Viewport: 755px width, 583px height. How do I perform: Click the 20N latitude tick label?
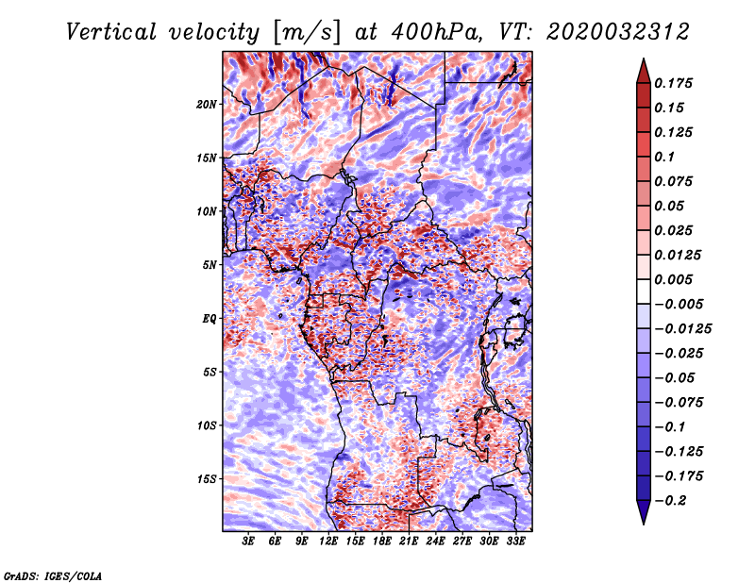207,105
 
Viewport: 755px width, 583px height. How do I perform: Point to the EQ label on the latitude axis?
210,319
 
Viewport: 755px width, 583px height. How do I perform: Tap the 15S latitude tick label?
207,479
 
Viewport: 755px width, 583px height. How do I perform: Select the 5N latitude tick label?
210,265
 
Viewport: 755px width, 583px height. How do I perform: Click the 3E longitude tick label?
248,541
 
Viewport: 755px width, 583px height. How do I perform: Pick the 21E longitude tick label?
409,541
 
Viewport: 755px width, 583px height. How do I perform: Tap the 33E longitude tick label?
515,541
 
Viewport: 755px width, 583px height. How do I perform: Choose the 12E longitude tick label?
328,541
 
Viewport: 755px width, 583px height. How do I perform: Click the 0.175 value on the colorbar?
673,83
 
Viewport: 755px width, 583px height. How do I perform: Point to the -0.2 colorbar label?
670,501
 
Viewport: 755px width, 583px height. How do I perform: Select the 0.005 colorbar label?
673,279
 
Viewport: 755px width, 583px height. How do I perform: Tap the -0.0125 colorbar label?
682,329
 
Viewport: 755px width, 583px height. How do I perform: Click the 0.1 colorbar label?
664,157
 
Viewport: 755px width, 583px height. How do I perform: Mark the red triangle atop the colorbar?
644,72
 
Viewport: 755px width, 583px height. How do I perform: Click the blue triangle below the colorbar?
644,512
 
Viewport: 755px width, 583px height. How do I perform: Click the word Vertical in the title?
111,32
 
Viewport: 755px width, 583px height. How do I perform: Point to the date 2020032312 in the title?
618,32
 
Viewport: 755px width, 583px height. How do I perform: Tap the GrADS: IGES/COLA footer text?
53,575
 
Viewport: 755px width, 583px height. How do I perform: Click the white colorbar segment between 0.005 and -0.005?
644,291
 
